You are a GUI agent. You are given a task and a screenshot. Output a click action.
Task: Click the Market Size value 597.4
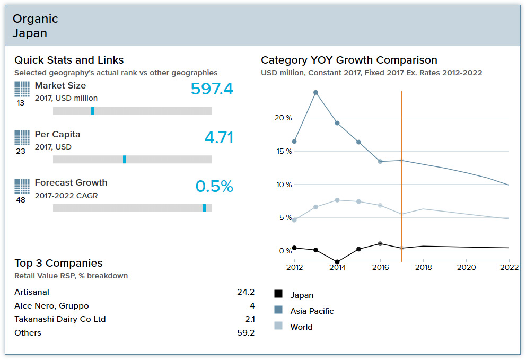pos(212,89)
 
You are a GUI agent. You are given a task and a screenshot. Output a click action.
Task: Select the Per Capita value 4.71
pos(218,138)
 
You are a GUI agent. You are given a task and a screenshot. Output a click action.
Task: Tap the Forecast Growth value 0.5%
pos(214,187)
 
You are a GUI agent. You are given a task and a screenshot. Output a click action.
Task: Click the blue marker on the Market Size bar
pos(93,111)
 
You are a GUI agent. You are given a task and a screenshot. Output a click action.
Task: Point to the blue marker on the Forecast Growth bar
pos(204,208)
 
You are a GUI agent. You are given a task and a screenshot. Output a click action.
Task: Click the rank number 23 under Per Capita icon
pos(21,152)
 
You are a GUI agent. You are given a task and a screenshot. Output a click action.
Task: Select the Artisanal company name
pos(32,292)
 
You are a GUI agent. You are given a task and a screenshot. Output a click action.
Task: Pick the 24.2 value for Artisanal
pos(246,292)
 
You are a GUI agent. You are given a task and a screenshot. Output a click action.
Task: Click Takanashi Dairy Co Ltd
pos(60,319)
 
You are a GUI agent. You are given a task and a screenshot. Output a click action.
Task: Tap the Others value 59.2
pos(246,333)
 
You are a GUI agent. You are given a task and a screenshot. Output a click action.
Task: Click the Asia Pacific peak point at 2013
pos(315,92)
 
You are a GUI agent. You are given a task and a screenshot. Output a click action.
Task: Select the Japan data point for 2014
pos(337,262)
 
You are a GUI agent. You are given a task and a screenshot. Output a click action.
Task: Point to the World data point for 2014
pos(337,200)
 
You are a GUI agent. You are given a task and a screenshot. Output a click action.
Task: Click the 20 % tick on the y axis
pos(283,118)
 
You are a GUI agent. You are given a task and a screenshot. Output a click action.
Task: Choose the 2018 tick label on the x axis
pos(423,268)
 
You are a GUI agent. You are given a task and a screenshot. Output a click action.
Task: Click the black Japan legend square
pos(278,294)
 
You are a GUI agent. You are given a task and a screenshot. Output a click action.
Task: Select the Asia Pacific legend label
pos(312,311)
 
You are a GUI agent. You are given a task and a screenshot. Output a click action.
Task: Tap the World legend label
pos(301,327)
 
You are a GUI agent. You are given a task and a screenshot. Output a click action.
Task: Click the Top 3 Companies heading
pos(58,264)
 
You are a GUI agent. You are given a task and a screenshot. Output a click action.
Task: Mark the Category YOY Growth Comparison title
pos(349,60)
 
